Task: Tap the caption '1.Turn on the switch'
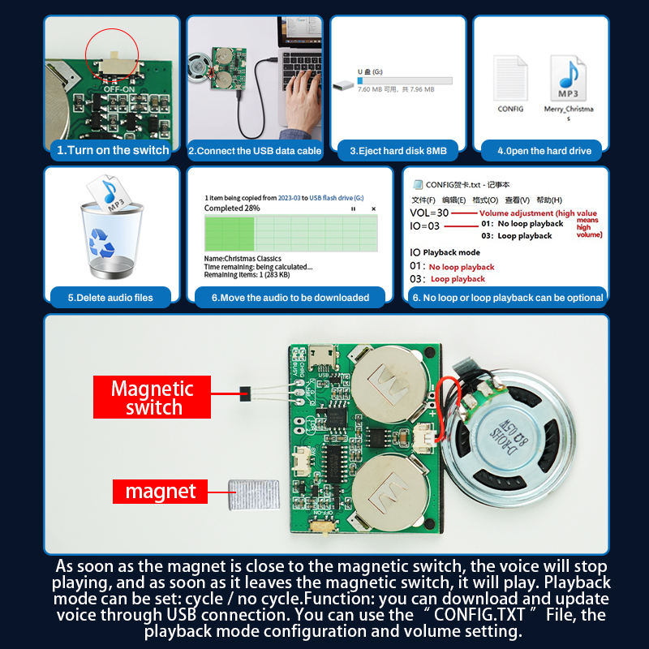click(x=112, y=150)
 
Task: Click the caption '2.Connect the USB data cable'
click(x=255, y=150)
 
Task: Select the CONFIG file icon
click(x=510, y=79)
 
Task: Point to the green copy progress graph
click(x=290, y=232)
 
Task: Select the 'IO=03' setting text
click(x=425, y=226)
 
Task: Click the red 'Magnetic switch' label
click(x=153, y=398)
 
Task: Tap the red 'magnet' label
click(x=160, y=492)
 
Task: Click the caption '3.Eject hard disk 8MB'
click(x=398, y=150)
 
